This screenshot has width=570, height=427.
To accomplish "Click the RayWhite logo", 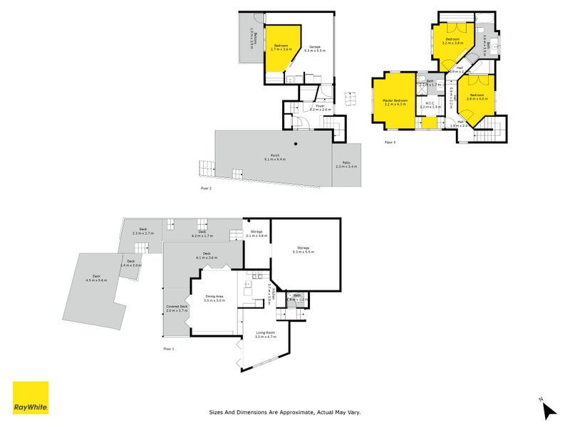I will tap(31, 398).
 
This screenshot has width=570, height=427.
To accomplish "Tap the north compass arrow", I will tap(548, 410).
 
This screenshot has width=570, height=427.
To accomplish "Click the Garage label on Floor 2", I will tap(314, 48).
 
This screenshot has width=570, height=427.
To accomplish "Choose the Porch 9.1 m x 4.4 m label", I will tap(274, 157).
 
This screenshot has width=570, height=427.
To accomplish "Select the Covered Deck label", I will tap(176, 308).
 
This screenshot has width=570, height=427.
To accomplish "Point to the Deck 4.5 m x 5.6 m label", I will tap(96, 278).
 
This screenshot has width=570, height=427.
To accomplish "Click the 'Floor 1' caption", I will tap(168, 349).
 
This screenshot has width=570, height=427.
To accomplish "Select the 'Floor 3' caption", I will tap(390, 142).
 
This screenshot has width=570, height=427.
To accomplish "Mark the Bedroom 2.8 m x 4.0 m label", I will tap(475, 97).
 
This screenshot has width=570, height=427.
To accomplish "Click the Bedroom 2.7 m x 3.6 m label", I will tap(281, 48).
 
